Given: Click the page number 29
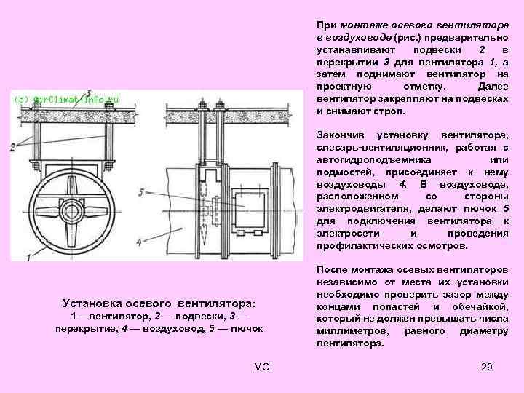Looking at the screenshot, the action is point(487,366).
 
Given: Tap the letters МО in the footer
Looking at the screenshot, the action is point(262,366).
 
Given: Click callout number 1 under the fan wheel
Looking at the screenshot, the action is point(28,257).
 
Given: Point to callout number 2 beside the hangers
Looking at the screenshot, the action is point(12,146).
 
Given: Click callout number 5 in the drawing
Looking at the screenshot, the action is point(140,192).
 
